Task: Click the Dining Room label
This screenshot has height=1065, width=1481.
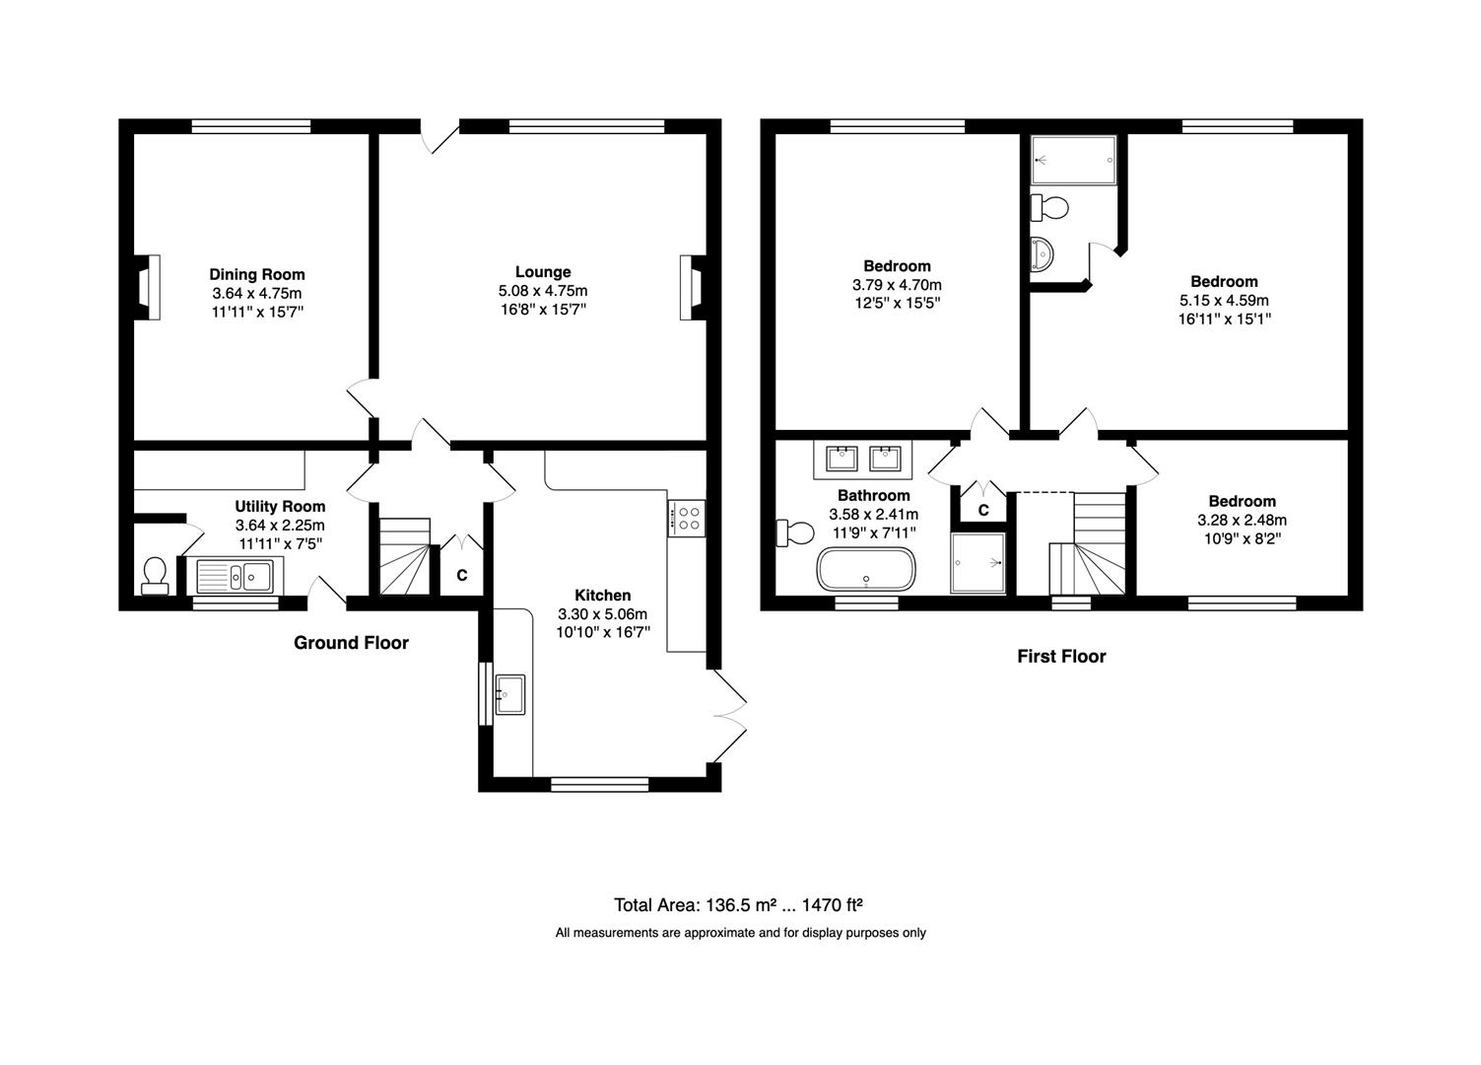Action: [x=257, y=274]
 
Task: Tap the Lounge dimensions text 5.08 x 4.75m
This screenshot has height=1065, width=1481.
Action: [x=543, y=291]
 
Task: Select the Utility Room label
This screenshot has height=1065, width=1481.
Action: [x=280, y=507]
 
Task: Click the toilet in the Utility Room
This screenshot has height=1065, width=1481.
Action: [x=155, y=576]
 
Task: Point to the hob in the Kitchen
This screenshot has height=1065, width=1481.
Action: [x=687, y=519]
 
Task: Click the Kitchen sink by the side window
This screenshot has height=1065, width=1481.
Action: [x=509, y=694]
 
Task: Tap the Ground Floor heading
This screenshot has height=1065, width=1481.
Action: [x=351, y=642]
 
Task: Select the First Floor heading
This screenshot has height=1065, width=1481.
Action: [x=1061, y=656]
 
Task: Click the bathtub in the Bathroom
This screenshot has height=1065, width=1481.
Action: [x=867, y=568]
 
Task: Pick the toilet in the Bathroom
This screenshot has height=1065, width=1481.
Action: [x=795, y=532]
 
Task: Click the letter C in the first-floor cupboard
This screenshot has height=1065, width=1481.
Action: [x=983, y=510]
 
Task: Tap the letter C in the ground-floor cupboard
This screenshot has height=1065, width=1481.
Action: [x=462, y=575]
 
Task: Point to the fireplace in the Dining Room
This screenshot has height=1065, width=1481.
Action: [x=148, y=288]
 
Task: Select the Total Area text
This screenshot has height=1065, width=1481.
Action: [x=738, y=904]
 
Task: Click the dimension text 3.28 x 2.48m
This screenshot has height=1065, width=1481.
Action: [x=1242, y=520]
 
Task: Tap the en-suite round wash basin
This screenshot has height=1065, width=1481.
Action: [x=1042, y=254]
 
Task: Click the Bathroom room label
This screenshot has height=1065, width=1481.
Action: [x=873, y=495]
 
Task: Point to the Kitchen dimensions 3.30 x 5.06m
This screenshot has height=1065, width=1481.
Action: [x=602, y=614]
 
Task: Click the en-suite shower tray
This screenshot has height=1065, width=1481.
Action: [x=1074, y=160]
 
